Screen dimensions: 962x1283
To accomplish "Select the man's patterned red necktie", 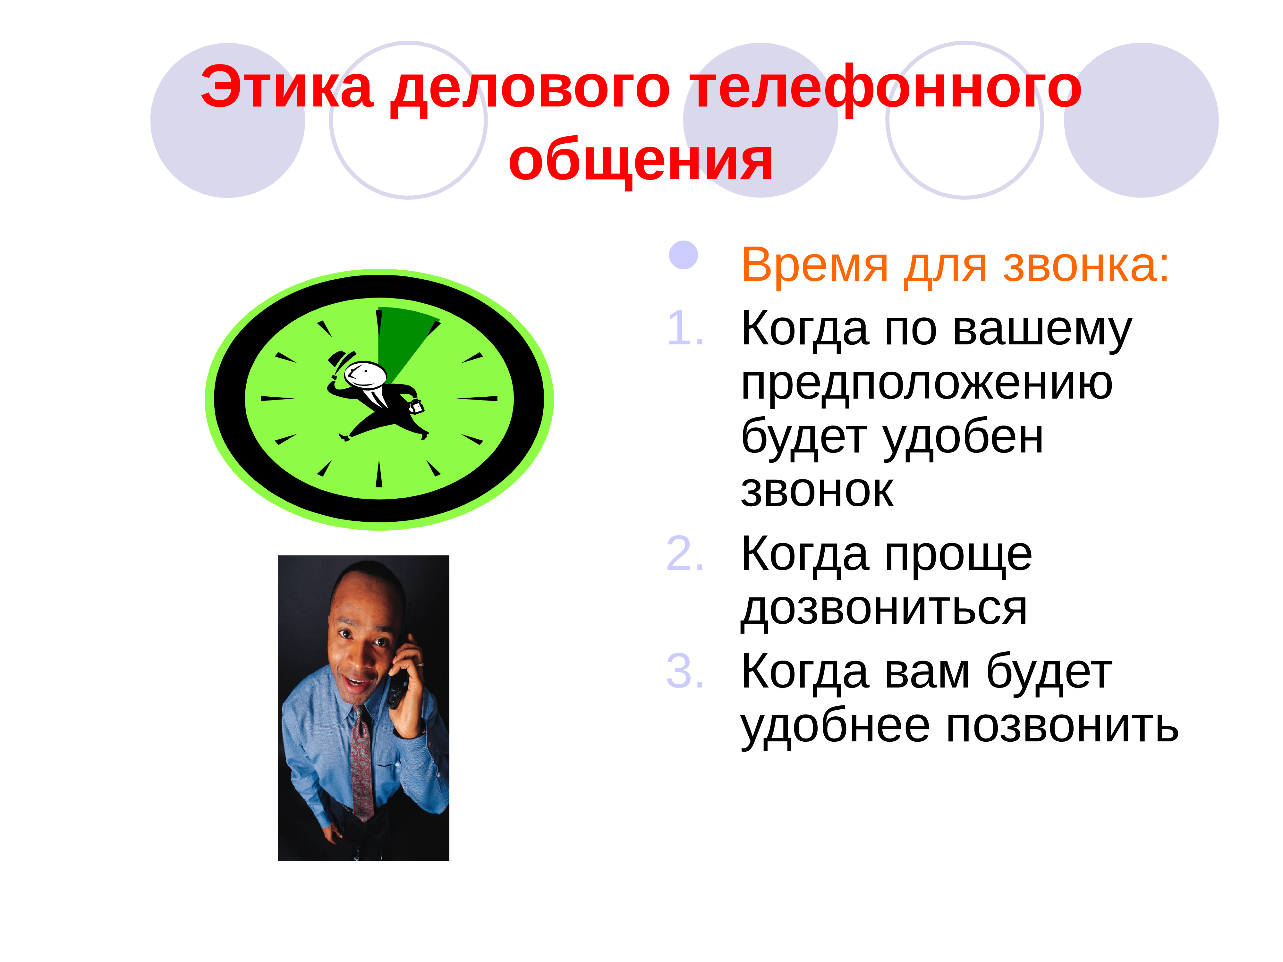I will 362,765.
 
